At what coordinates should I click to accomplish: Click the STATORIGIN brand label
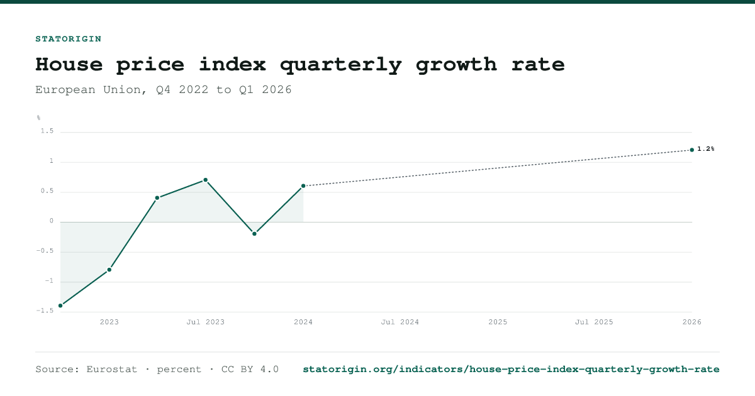[69, 39]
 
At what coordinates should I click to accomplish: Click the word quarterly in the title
[340, 65]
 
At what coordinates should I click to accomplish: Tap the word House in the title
[69, 64]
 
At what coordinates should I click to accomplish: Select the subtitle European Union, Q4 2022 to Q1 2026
[164, 90]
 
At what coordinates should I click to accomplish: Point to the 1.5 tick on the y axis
[47, 131]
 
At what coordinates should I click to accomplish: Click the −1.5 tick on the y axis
[45, 311]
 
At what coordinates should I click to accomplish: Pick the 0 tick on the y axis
[52, 221]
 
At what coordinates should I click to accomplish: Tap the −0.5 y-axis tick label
[45, 251]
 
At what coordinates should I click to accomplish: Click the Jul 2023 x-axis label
[206, 322]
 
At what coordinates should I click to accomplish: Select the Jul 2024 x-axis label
[400, 322]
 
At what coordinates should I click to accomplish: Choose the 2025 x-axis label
[498, 322]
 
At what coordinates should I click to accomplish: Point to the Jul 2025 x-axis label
[594, 322]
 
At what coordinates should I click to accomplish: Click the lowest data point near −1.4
[60, 305]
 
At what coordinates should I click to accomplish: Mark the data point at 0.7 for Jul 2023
[206, 180]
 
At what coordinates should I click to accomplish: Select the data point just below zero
[254, 234]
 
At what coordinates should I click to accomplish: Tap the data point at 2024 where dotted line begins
[303, 186]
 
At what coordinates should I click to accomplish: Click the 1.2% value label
[706, 149]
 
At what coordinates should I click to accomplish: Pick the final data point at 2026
[692, 150]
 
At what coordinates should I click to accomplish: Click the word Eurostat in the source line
[112, 370]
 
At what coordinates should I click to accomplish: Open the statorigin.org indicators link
[511, 370]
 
